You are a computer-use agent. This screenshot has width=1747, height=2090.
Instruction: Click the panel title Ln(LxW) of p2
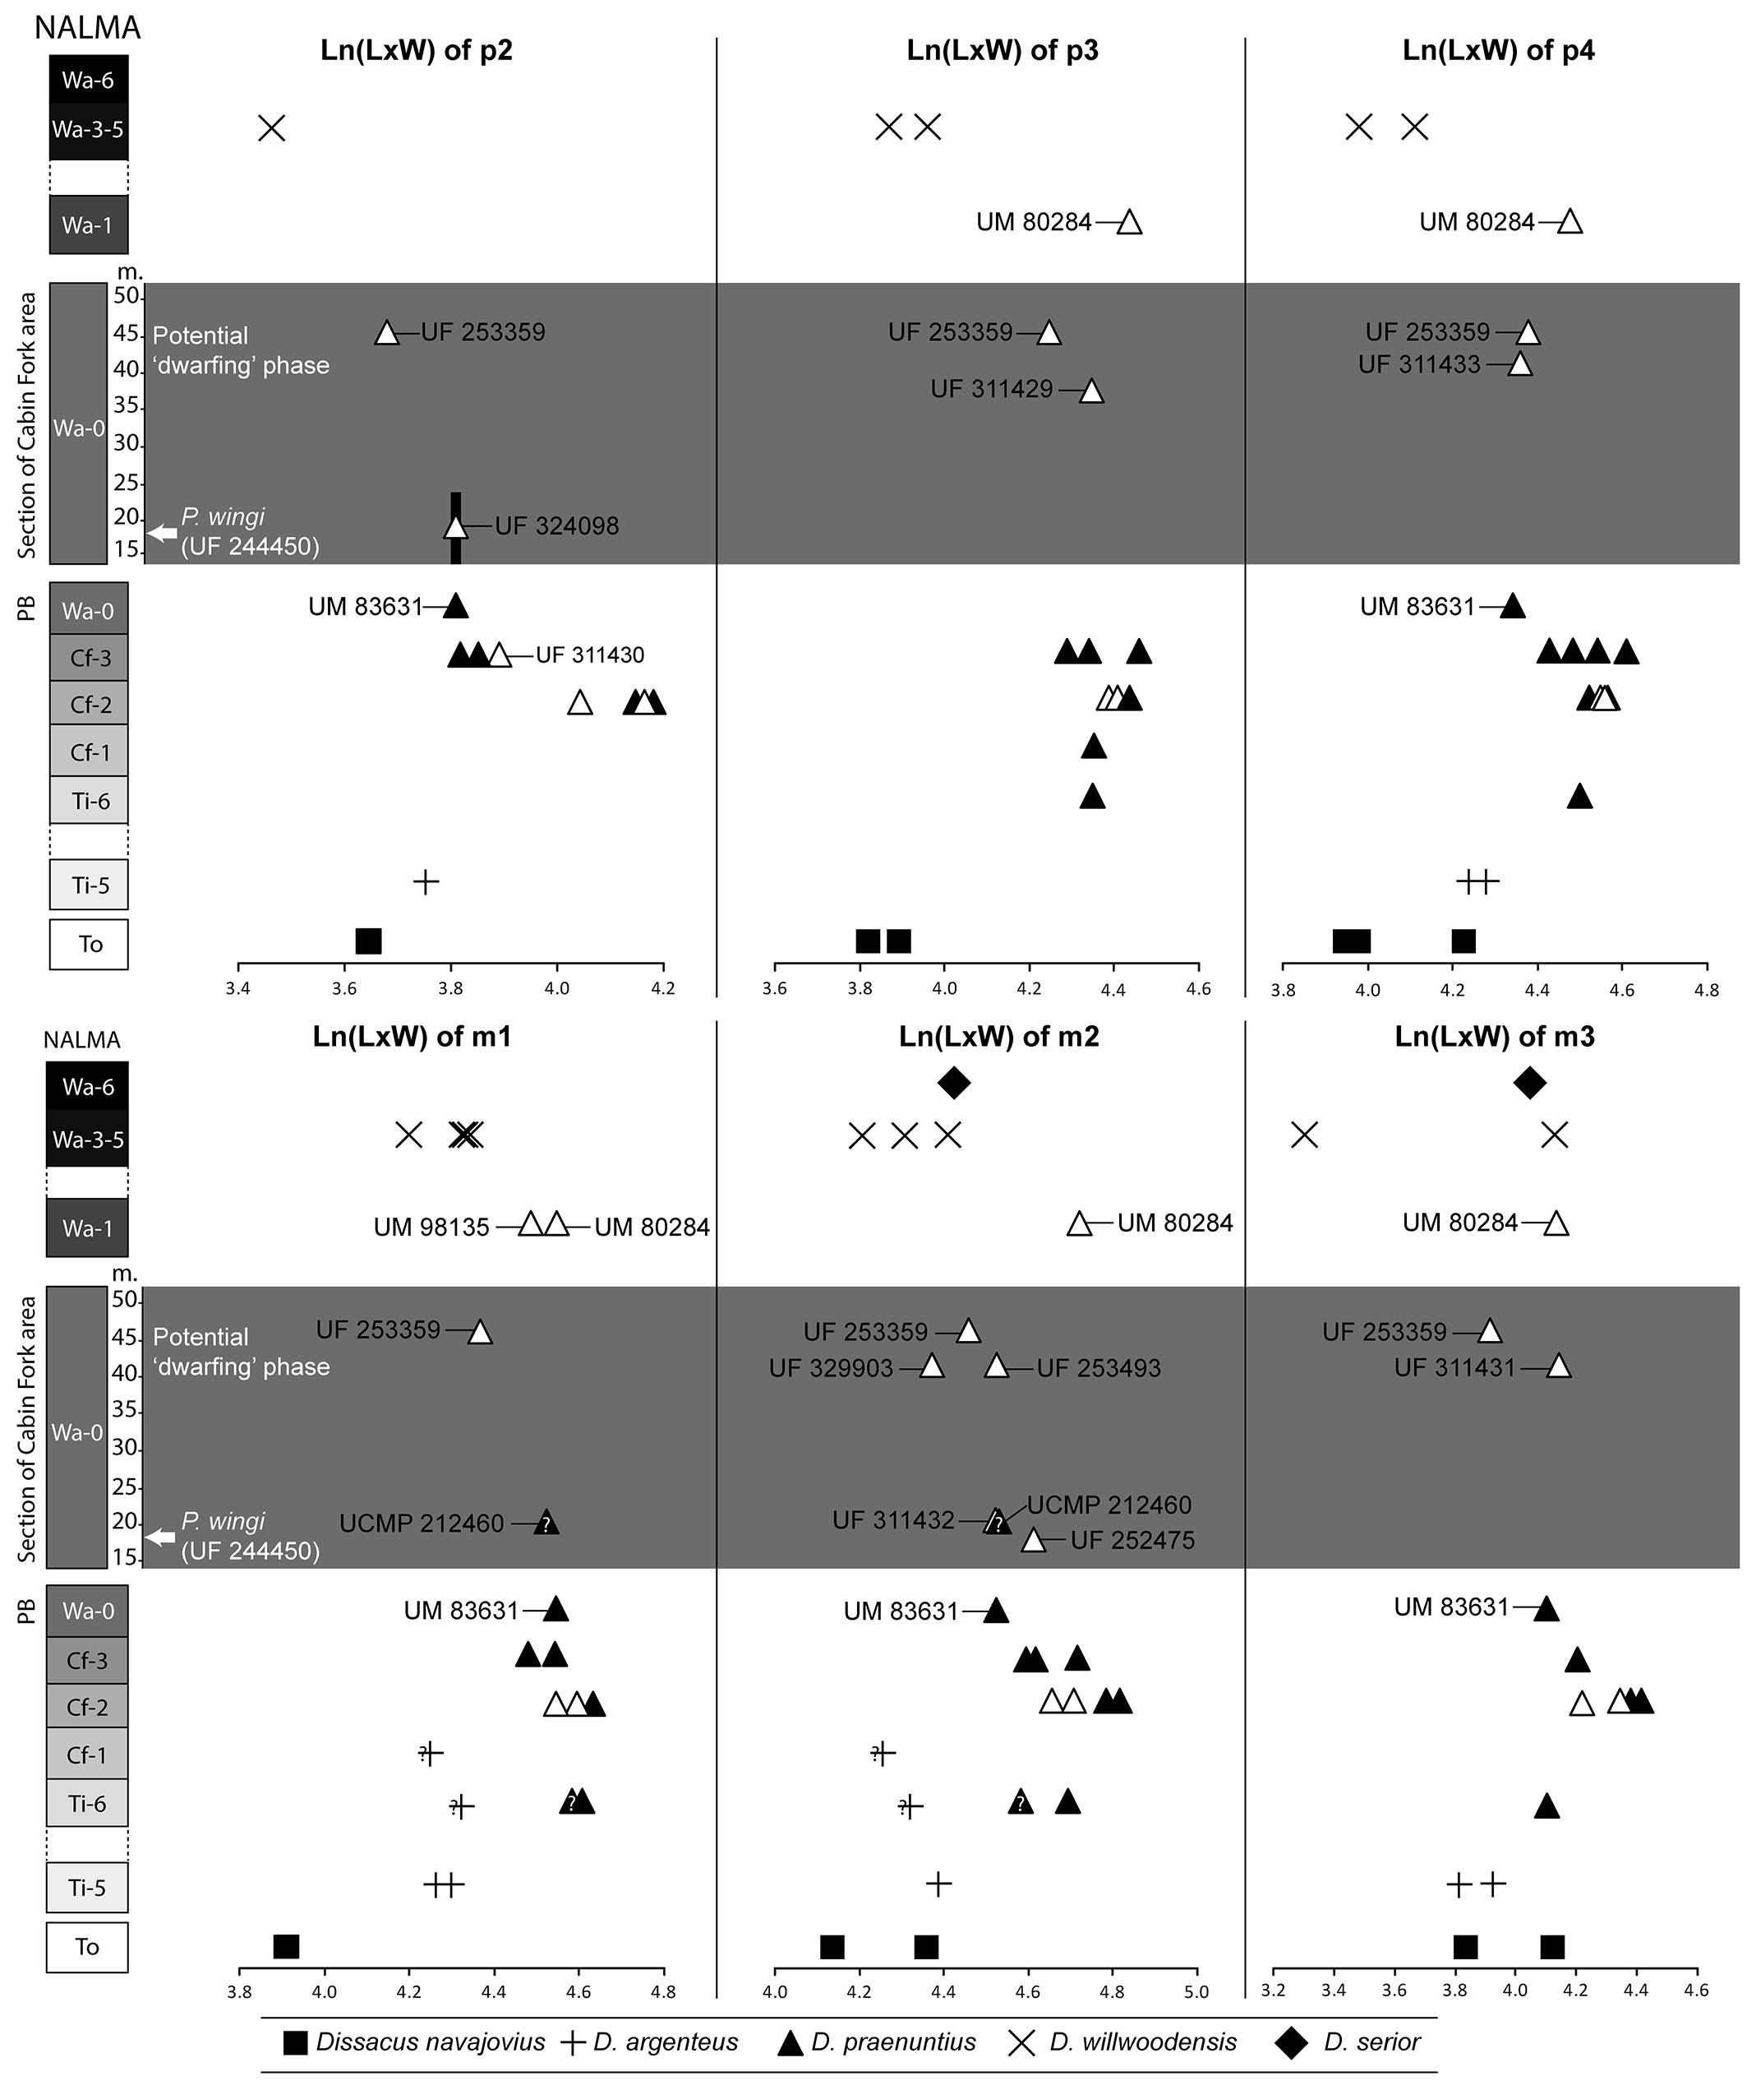coord(416,51)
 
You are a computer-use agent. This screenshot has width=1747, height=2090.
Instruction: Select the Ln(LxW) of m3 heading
coord(1493,1037)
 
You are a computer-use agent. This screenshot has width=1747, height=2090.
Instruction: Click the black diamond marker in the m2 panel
coord(953,1083)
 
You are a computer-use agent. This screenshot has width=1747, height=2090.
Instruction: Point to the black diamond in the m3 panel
coord(1529,1083)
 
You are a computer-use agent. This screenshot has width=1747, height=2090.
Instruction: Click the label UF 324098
coord(556,526)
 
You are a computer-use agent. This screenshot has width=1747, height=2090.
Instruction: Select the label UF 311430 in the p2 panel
coord(590,654)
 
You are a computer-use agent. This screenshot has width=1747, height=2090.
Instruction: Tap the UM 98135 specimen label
coord(431,1228)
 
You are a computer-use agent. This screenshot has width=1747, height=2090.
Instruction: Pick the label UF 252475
coord(1132,1541)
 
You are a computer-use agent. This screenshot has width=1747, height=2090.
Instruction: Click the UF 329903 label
coord(831,1368)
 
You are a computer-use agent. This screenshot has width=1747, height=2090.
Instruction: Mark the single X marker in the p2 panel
coord(272,128)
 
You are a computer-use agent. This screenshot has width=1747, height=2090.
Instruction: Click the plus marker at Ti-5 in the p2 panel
coord(426,881)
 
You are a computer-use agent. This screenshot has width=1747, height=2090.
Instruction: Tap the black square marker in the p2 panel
coord(368,941)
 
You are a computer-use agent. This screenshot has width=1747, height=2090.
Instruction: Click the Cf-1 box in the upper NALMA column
coord(90,752)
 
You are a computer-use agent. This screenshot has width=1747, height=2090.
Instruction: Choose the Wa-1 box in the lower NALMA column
coord(88,1228)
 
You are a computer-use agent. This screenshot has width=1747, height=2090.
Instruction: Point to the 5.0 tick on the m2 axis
coord(1196,1991)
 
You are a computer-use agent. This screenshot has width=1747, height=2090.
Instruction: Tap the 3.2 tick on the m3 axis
coord(1274,1991)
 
